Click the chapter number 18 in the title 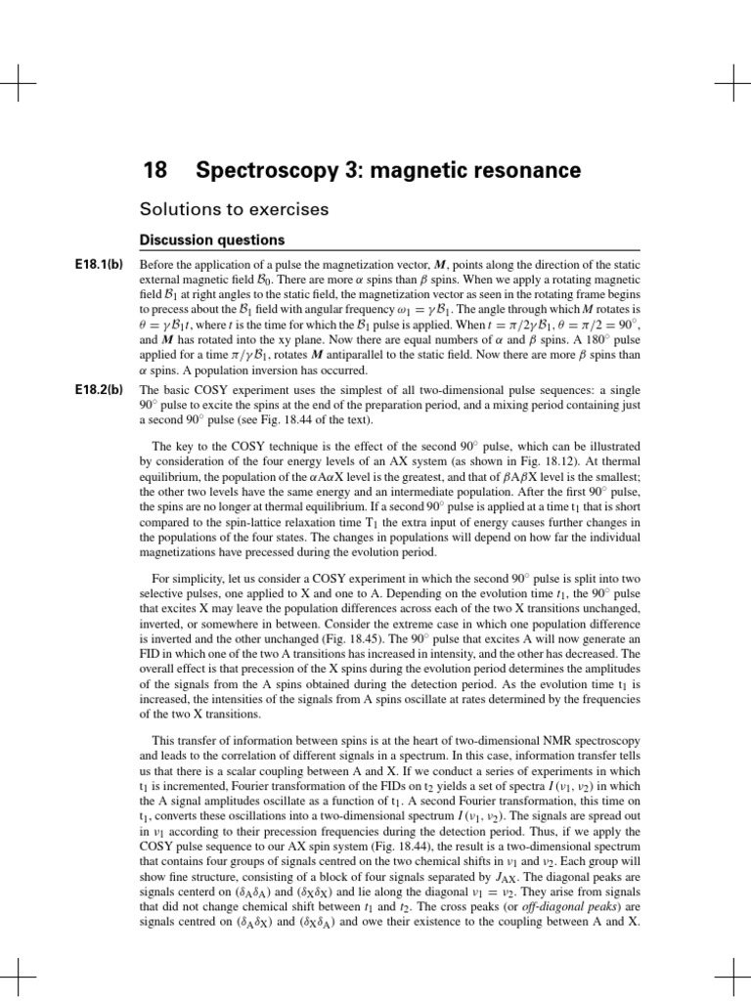point(155,172)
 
